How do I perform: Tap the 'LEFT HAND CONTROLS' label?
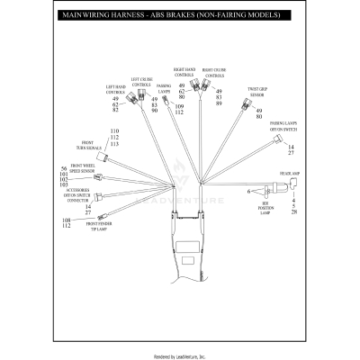(x=115, y=89)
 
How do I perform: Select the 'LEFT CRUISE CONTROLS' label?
(x=141, y=82)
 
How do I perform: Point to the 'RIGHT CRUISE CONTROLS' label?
(x=213, y=73)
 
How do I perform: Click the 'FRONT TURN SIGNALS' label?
(x=93, y=146)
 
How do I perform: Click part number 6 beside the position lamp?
(x=248, y=192)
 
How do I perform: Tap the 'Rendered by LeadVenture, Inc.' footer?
(x=180, y=355)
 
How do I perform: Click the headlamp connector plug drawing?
(x=291, y=186)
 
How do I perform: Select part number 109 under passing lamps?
(x=178, y=106)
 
